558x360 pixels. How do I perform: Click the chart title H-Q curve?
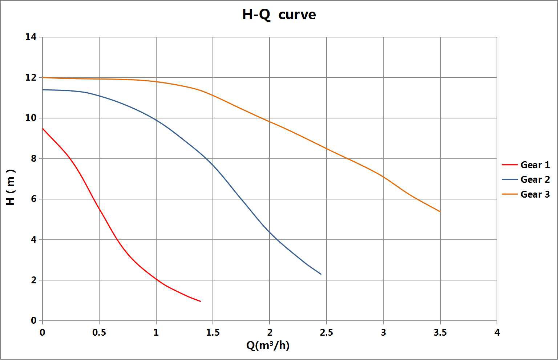pyautogui.click(x=279, y=15)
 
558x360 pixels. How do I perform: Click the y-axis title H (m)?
pyautogui.click(x=11, y=187)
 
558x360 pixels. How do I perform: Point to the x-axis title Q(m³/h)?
pyautogui.click(x=268, y=345)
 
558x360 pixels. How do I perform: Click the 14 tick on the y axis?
pyautogui.click(x=31, y=37)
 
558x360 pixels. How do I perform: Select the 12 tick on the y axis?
pyautogui.click(x=31, y=77)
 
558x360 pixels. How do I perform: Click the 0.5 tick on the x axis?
pyautogui.click(x=99, y=332)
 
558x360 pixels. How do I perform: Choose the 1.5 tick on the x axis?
pyautogui.click(x=213, y=332)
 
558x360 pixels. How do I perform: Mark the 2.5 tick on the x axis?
pyautogui.click(x=326, y=332)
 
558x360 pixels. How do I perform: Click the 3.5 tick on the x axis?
pyautogui.click(x=440, y=332)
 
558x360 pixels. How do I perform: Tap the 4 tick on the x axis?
pyautogui.click(x=497, y=332)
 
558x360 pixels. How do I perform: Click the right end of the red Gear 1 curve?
pyautogui.click(x=200, y=301)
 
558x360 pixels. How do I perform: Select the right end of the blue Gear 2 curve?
pyautogui.click(x=321, y=274)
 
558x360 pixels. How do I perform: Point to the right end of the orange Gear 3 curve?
pyautogui.click(x=440, y=211)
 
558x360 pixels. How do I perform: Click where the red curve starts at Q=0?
pyautogui.click(x=43, y=128)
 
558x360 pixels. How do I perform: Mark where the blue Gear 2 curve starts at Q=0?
pyautogui.click(x=43, y=90)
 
